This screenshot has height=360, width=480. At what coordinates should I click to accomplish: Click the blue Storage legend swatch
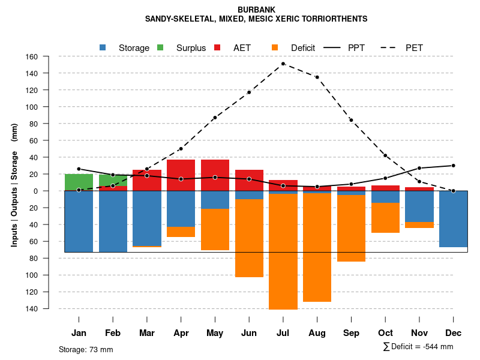(x=103, y=47)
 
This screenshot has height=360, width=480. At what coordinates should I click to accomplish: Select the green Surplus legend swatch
(x=160, y=47)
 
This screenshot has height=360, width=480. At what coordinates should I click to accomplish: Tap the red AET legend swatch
(x=217, y=47)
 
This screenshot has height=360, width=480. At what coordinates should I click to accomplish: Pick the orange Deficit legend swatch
(x=275, y=47)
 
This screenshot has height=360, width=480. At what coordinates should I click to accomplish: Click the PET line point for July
(x=283, y=64)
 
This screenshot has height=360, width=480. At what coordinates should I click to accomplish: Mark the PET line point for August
(x=317, y=77)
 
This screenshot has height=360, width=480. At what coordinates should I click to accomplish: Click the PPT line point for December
(x=453, y=166)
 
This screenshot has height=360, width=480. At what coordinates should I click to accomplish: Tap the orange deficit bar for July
(x=283, y=252)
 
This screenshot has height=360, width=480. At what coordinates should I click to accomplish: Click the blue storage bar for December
(x=453, y=219)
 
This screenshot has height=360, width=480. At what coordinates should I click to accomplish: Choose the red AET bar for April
(x=181, y=175)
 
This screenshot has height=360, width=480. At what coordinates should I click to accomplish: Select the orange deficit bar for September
(x=351, y=229)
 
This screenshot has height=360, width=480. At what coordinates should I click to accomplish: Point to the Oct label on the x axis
(x=385, y=333)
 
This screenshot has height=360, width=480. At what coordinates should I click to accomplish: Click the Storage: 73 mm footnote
(x=86, y=349)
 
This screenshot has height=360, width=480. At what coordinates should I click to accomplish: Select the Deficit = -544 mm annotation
(x=418, y=347)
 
